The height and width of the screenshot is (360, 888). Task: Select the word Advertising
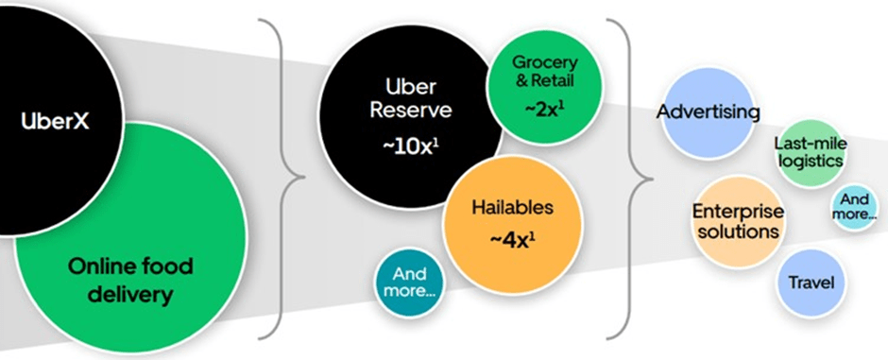[708, 112]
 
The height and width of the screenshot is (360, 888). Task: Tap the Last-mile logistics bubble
[809, 152]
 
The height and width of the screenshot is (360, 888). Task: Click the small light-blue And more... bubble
[854, 207]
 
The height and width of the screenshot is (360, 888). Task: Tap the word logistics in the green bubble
[809, 161]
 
